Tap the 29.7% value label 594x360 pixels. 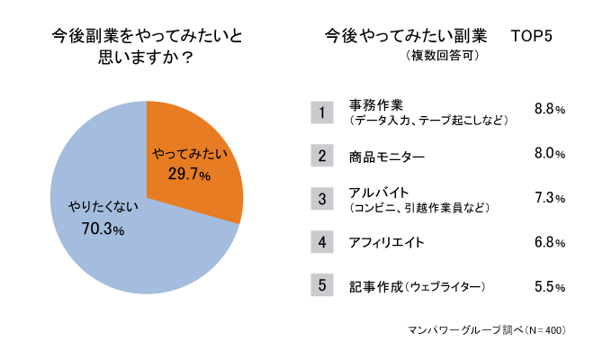(x=189, y=173)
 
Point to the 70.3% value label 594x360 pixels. (x=103, y=229)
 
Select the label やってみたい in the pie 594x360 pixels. (x=188, y=154)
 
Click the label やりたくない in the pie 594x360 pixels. (x=103, y=209)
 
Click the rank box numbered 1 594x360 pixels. (x=322, y=112)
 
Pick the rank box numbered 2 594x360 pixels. (x=322, y=156)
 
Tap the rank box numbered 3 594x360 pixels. (x=322, y=199)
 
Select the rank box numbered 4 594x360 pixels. (x=322, y=242)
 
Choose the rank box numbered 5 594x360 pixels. (x=322, y=285)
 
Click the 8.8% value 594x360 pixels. (x=549, y=109)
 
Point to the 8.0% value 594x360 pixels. (x=549, y=154)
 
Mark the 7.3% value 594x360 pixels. (x=549, y=198)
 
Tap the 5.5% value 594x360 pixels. (x=549, y=287)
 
